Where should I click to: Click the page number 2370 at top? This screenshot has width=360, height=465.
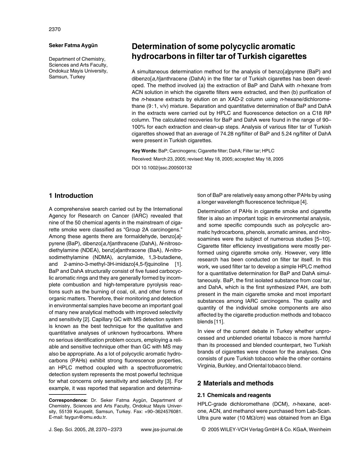55,29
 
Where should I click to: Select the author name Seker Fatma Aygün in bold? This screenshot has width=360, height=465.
73,45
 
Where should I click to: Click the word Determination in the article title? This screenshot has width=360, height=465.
160,47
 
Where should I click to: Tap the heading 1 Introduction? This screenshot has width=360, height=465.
71,196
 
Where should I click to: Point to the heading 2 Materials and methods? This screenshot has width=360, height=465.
235,383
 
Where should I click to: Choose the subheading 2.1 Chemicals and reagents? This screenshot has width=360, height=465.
234,395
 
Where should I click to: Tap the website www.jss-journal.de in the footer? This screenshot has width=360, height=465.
162,430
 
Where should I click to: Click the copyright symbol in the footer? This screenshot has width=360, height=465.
203,430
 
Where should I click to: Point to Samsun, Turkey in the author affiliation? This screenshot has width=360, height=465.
67,77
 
